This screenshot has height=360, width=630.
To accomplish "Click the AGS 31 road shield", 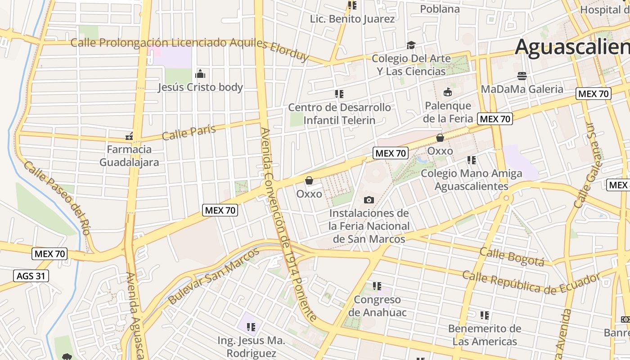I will pos(31,276).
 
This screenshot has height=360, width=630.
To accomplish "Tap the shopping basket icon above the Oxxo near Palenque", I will pos(440,138).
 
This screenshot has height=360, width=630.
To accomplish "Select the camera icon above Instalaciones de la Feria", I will pos(369,200).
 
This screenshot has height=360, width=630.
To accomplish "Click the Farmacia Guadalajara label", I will pos(129,156).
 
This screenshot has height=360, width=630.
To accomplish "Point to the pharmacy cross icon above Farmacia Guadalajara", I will pos(129,136).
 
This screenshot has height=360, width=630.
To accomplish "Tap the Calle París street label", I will pos(189,132).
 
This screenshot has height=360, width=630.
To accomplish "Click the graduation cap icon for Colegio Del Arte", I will pos(411,45).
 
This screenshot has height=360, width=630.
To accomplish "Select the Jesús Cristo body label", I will pos(200,87).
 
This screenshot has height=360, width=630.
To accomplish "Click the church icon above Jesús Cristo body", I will pos(200,74).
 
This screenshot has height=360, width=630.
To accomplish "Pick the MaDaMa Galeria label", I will pos(522,89).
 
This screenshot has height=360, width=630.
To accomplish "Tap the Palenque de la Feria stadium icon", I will pos(448,93).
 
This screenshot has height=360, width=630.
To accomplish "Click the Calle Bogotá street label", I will pos(512,256).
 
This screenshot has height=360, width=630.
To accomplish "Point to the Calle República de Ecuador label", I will pos(531,282).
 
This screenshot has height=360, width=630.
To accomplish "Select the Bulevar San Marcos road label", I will pos(208,282).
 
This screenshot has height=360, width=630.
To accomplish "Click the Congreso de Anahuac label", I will pos(377,306).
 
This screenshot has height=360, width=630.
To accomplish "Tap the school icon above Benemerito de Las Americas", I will pos(485,315).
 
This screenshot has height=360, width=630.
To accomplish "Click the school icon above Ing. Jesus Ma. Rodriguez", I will pos(251,327).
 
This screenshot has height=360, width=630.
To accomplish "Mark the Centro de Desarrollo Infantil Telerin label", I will pos(339,114).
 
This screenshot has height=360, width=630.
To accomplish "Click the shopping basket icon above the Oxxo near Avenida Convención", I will pos(309,181).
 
